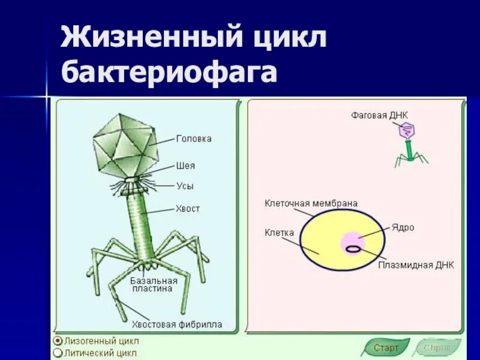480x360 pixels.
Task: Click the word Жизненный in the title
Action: (150, 39)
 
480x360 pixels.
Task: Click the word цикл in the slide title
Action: (289, 39)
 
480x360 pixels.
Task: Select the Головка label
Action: (194, 139)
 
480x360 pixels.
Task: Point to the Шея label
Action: (185, 166)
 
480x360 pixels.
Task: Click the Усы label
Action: (185, 186)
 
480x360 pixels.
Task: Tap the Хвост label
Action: (188, 209)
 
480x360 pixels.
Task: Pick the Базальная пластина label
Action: (154, 284)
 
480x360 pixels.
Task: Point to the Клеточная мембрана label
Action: (311, 203)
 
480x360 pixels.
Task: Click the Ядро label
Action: (403, 228)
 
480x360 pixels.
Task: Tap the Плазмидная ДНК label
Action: (416, 265)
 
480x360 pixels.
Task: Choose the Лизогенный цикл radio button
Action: (58, 340)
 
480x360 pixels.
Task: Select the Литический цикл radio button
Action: (58, 352)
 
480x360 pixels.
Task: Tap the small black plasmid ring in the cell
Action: (353, 247)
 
